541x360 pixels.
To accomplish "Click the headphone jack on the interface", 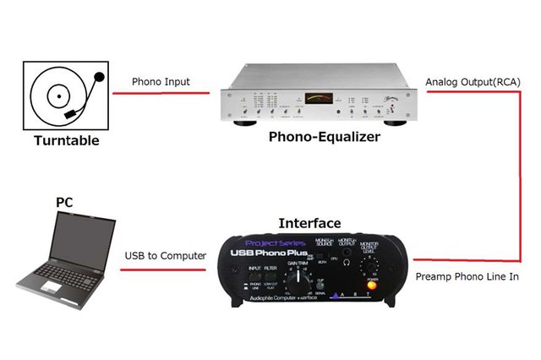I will tap(346, 263).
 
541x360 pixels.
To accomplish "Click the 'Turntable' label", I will tap(66, 140).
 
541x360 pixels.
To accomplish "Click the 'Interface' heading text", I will tap(309, 224).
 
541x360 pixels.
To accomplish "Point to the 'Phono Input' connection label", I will tap(161, 82).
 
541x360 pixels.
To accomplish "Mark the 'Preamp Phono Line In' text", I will tap(467, 276).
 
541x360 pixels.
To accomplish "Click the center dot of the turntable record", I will tap(57, 95).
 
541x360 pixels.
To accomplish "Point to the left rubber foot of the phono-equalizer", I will tap(249, 123).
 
